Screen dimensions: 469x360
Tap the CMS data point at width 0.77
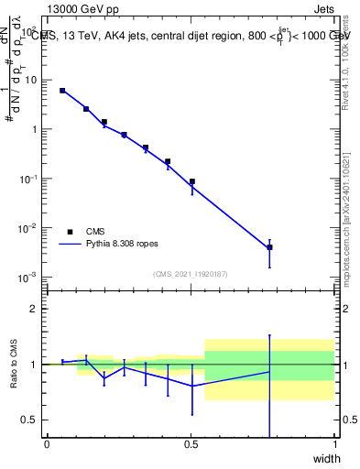(x=269, y=247)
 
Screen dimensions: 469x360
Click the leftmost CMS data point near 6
(x=62, y=91)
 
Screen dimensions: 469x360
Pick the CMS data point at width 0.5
(x=191, y=181)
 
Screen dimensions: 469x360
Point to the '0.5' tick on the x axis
(x=191, y=444)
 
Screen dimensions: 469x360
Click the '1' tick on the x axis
(x=335, y=444)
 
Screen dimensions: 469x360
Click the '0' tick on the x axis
(x=47, y=444)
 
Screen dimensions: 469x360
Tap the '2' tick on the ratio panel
(x=33, y=309)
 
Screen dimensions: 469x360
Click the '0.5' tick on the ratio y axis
(x=29, y=420)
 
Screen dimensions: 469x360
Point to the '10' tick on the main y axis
(x=30, y=80)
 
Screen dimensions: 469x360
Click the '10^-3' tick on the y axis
(x=28, y=277)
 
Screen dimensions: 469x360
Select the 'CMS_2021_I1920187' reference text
(x=191, y=273)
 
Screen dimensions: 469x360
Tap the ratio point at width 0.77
(x=269, y=371)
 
